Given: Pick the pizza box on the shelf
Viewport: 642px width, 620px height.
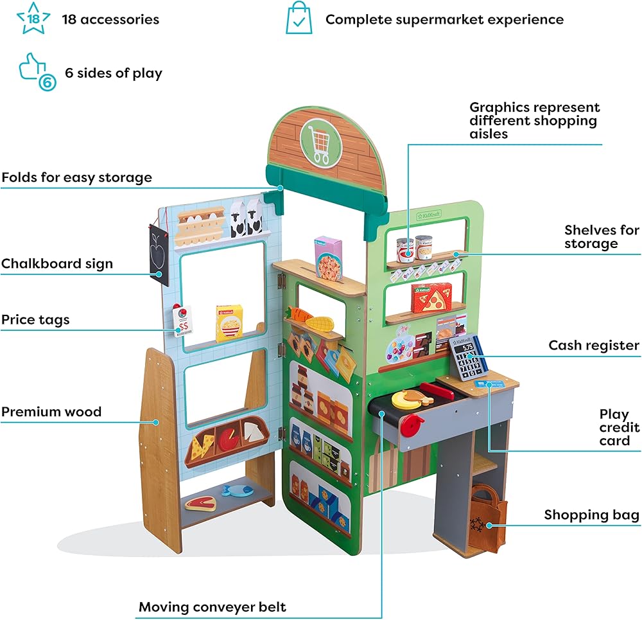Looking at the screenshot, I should [x=431, y=297].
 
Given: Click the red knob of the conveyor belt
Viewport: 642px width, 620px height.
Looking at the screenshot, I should [x=412, y=423].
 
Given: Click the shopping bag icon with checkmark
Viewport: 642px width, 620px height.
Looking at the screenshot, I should [x=299, y=19].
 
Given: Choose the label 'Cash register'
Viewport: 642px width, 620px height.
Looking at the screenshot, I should [x=593, y=346].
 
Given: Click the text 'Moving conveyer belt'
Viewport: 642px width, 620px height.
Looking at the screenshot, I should [x=213, y=607].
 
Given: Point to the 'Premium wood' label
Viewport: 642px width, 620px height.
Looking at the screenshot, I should [x=51, y=412].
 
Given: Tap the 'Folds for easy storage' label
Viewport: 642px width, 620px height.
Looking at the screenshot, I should [x=77, y=177].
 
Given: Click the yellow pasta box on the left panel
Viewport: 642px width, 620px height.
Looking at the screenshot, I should [x=229, y=323].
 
